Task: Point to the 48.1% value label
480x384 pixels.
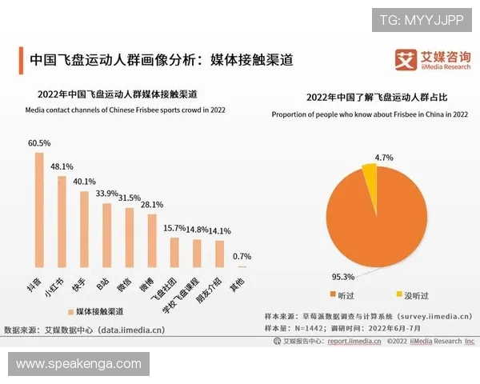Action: point(62,167)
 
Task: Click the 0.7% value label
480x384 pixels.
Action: point(242,257)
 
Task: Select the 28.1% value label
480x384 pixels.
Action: point(152,204)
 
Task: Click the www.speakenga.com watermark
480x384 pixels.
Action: point(78,364)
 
